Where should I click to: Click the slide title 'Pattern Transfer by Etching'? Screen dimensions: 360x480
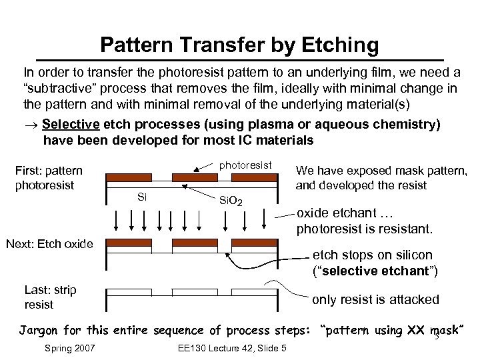click(x=239, y=45)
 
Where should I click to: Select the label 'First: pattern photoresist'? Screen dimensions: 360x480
click(x=49, y=177)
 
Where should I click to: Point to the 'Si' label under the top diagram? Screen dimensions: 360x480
click(x=141, y=196)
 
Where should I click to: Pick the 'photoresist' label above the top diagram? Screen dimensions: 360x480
click(x=245, y=165)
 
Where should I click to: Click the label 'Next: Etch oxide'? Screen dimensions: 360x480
click(x=49, y=243)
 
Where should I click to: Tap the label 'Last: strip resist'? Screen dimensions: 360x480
click(x=50, y=297)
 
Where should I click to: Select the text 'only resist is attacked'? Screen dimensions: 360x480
click(x=375, y=299)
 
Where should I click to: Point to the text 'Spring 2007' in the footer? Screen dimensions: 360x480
click(x=69, y=348)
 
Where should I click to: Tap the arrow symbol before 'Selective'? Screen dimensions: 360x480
click(x=30, y=125)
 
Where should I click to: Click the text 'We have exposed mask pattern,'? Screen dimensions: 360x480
click(x=381, y=171)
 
